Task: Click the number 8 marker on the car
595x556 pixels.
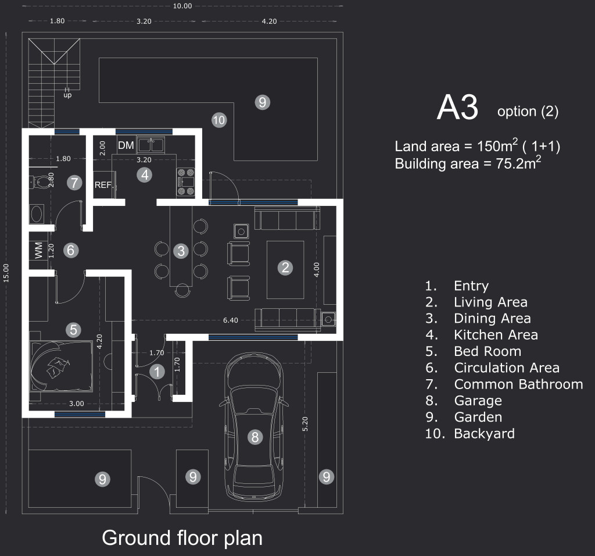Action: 255,437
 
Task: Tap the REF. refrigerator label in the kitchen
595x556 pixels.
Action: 103,186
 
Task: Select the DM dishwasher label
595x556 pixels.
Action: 126,145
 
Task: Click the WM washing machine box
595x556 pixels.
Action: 39,251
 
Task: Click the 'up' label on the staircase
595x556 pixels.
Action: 67,95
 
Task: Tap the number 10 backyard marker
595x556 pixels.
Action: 218,121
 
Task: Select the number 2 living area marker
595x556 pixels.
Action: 285,268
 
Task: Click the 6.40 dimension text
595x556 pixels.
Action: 231,320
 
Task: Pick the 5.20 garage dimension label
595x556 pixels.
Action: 305,423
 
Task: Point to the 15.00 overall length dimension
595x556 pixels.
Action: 6,273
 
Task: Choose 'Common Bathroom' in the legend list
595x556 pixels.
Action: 518,384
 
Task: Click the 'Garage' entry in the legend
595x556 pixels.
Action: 478,401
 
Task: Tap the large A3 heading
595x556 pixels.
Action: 457,108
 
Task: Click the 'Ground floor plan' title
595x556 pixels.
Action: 182,537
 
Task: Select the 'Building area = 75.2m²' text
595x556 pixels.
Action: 468,163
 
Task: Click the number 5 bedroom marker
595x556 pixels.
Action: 73,330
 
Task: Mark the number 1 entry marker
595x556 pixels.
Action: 156,372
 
